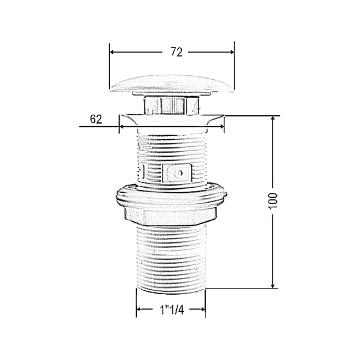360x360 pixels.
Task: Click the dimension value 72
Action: point(177,52)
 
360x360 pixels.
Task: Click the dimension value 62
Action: point(96,119)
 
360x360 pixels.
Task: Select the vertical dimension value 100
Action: point(272,200)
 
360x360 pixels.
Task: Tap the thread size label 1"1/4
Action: point(172,310)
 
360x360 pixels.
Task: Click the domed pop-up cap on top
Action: point(172,84)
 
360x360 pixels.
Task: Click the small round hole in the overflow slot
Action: point(179,173)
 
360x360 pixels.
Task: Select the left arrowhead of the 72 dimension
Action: point(112,52)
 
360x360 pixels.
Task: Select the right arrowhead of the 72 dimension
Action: point(232,52)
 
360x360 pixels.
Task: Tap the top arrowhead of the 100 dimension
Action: point(272,119)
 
